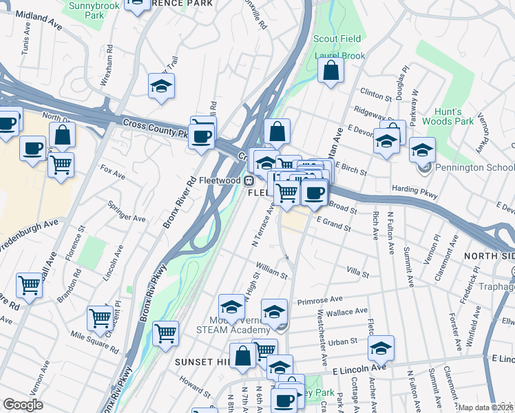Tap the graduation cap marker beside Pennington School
(x=422, y=149)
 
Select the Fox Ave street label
(x=111, y=171)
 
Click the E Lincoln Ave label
(x=494, y=359)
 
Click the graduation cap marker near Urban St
(x=381, y=348)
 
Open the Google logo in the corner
(x=23, y=405)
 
